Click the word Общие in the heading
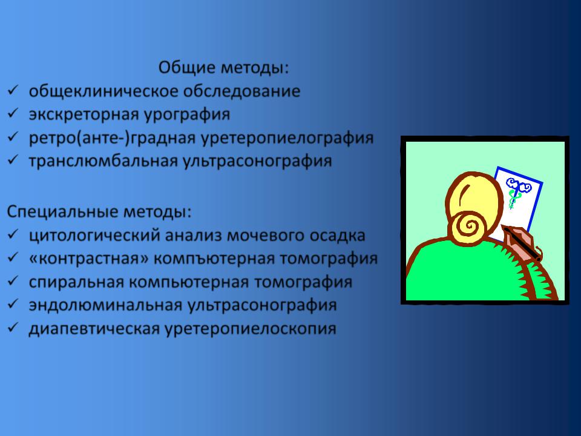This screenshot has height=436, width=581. [x=187, y=68]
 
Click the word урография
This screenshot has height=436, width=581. [x=187, y=114]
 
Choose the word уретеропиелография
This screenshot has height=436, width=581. [x=287, y=138]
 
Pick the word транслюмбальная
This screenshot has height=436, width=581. [x=103, y=161]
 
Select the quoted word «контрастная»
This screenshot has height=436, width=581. [x=89, y=259]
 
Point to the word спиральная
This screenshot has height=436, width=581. [x=76, y=282]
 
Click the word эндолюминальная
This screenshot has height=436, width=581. [x=105, y=305]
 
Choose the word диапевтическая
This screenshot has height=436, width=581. [x=94, y=329]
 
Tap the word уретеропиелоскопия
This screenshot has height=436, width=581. [x=251, y=329]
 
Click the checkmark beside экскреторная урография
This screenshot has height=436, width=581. [x=13, y=113]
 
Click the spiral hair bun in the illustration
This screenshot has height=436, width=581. [x=468, y=226]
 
